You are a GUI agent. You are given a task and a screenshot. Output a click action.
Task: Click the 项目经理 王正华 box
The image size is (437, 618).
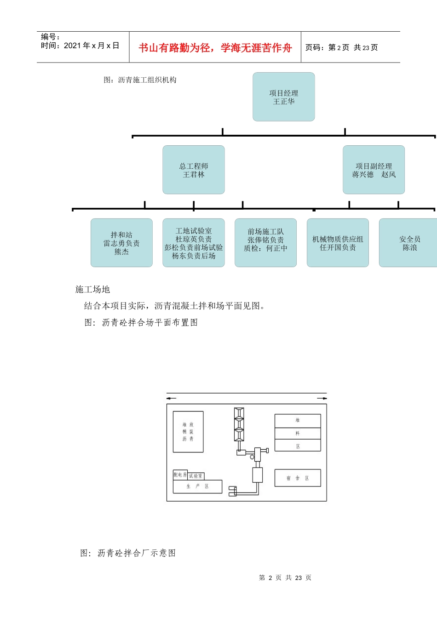[283, 97]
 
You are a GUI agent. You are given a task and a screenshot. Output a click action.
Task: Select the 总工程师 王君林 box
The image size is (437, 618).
[194, 170]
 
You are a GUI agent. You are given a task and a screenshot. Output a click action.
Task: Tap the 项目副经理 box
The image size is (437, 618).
[374, 170]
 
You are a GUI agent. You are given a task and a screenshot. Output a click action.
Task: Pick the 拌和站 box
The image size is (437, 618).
[121, 243]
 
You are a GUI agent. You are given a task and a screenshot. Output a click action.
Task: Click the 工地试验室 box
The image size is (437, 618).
[194, 243]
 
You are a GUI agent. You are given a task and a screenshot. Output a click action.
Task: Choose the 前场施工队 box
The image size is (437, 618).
[265, 243]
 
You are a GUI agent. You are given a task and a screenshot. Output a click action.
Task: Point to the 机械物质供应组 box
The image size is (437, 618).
[338, 243]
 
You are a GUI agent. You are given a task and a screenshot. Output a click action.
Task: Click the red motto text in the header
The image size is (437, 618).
[215, 48]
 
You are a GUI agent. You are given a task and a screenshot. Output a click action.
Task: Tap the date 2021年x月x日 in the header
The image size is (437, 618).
[91, 46]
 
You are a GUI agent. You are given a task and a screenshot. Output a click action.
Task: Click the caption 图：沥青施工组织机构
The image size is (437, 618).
[140, 80]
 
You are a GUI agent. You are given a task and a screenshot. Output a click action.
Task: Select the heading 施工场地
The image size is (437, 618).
[92, 289]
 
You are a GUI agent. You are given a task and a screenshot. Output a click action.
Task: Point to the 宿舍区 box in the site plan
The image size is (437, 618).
[298, 478]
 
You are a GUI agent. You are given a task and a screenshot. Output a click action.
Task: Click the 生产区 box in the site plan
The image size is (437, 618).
[198, 486]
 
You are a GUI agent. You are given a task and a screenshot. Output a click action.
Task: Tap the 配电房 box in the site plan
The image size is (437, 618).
[180, 475]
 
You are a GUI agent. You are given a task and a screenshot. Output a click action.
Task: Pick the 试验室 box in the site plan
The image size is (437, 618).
[195, 476]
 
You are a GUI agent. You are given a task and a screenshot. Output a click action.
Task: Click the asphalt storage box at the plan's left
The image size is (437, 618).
[188, 432]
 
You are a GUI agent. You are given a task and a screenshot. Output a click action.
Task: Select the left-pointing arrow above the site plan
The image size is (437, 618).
[171, 398]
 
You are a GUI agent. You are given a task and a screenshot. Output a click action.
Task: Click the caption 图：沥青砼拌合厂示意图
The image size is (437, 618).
[128, 553]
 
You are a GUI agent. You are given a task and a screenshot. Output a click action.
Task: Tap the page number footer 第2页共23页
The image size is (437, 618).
[285, 578]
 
